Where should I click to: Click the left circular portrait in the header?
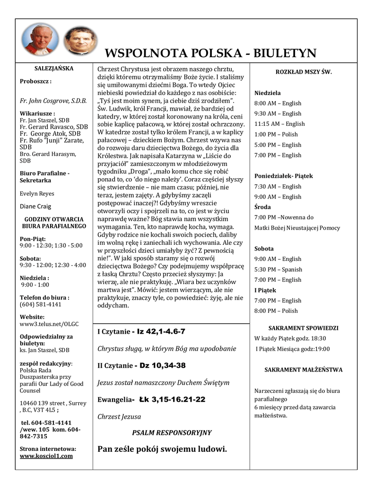tap(38, 40)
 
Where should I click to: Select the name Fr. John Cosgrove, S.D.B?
tap(53, 100)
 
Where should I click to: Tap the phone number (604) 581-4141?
tap(41, 304)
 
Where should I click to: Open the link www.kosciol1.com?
tap(46, 456)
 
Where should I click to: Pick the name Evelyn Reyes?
tap(37, 193)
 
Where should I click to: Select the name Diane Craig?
tap(36, 206)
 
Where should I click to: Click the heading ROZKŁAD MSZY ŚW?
tap(304, 72)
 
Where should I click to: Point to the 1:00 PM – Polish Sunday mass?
tap(276, 134)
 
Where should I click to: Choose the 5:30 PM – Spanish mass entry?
tap(278, 269)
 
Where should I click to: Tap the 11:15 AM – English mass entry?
tap(279, 124)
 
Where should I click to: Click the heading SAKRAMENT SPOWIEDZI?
tap(303, 328)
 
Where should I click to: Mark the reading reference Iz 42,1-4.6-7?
tap(161, 331)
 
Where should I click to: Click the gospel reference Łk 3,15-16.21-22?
tap(172, 399)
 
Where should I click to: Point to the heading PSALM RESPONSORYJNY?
tap(172, 432)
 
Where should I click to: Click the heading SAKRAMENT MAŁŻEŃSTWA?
tap(303, 370)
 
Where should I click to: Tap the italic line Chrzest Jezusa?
tap(119, 416)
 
